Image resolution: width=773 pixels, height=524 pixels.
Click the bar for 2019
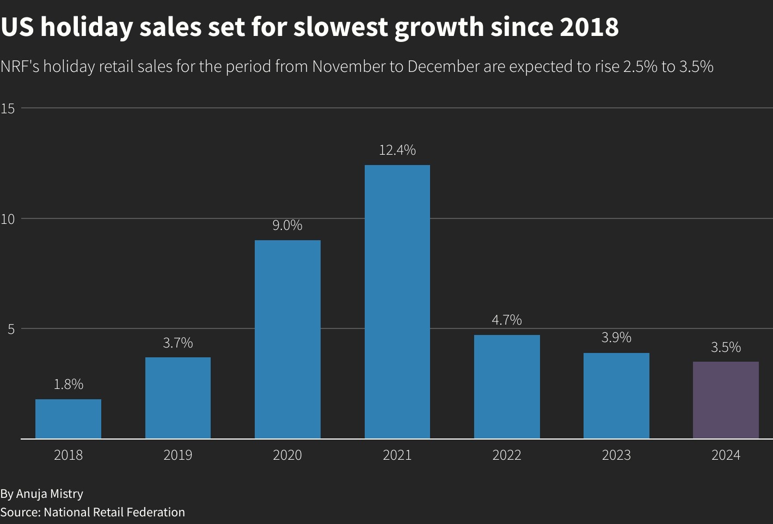click(x=178, y=398)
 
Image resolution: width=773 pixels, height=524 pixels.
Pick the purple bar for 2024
click(x=726, y=400)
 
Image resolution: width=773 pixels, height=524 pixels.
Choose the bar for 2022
click(x=507, y=386)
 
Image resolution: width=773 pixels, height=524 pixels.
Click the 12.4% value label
click(x=397, y=150)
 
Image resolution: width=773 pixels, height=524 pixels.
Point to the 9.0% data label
click(x=287, y=225)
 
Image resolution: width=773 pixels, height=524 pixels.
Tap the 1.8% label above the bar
click(x=69, y=384)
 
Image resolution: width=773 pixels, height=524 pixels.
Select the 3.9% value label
click(x=616, y=337)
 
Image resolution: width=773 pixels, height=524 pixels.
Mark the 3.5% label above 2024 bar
click(x=726, y=347)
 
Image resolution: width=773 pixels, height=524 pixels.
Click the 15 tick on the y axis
click(x=8, y=108)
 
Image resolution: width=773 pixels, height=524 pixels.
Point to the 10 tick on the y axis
click(x=8, y=219)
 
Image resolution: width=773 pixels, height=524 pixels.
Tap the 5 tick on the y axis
click(x=10, y=329)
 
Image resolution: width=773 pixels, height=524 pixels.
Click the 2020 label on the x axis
click(x=287, y=455)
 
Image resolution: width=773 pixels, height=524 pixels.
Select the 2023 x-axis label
click(x=616, y=455)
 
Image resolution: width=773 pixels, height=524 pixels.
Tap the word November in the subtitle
click(x=348, y=66)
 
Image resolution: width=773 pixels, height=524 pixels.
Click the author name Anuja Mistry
click(x=50, y=493)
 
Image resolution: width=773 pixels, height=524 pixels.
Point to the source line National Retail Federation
click(x=114, y=512)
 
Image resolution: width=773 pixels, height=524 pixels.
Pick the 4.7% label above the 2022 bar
click(x=507, y=320)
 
